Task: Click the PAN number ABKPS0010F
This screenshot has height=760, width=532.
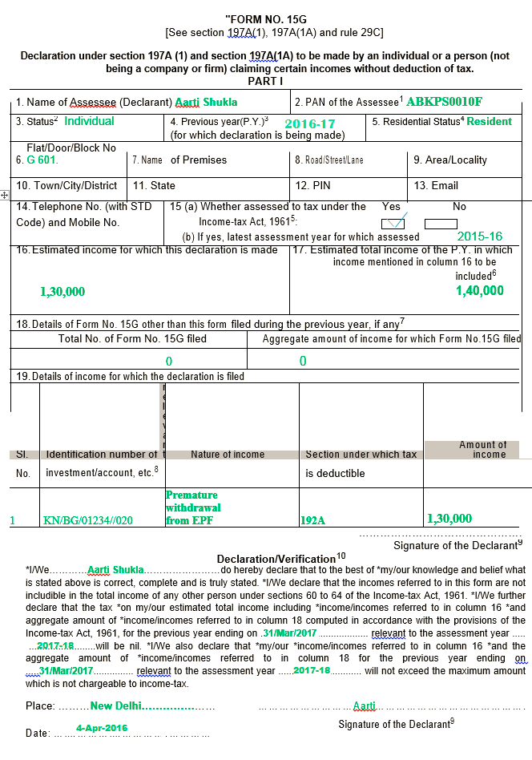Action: (x=444, y=102)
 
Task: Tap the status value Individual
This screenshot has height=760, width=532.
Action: (x=89, y=122)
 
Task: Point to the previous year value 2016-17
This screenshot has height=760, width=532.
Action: (x=309, y=124)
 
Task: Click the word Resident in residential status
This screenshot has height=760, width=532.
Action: (x=489, y=122)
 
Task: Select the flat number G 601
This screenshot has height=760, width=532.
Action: (x=37, y=160)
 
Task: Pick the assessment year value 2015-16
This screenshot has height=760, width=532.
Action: (x=480, y=237)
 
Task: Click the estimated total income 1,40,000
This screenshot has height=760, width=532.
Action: (x=480, y=291)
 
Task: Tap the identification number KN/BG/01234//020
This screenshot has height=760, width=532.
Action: (x=88, y=520)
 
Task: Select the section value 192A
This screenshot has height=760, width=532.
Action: (x=312, y=519)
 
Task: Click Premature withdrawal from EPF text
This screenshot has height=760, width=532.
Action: (x=193, y=507)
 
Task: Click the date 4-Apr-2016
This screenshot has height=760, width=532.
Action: (x=102, y=728)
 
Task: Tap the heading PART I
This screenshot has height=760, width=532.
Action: (x=265, y=81)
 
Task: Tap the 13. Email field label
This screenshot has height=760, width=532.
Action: (x=436, y=186)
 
